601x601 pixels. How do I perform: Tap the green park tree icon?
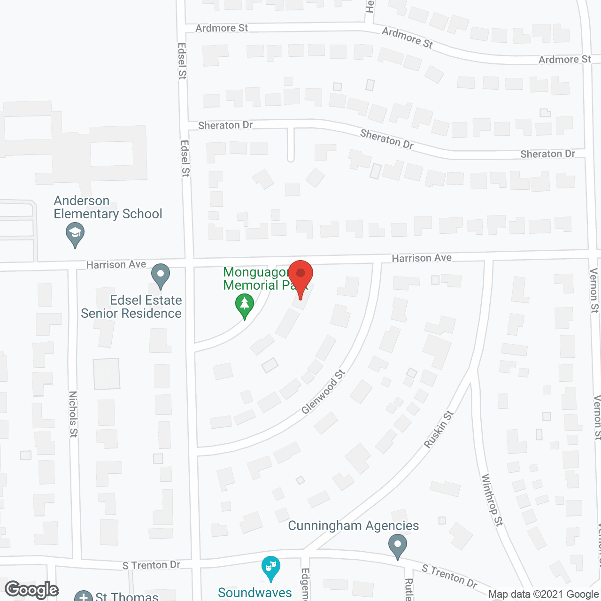click(244, 304)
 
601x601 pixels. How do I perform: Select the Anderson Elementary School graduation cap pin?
click(75, 233)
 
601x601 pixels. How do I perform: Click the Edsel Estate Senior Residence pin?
click(161, 275)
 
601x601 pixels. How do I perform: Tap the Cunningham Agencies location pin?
click(398, 546)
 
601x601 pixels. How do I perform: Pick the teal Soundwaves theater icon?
click(271, 567)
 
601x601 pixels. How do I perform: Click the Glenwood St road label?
click(323, 392)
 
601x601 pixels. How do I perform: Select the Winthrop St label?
click(492, 500)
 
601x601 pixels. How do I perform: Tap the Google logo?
click(31, 590)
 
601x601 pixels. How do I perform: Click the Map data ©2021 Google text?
click(543, 594)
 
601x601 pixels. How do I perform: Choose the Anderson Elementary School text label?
click(108, 208)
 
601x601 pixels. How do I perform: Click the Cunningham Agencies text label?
click(353, 526)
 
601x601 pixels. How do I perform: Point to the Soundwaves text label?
click(255, 593)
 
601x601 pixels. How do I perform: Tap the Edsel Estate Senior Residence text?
click(131, 307)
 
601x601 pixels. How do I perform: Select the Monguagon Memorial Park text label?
click(256, 278)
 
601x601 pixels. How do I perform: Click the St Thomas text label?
click(127, 596)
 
